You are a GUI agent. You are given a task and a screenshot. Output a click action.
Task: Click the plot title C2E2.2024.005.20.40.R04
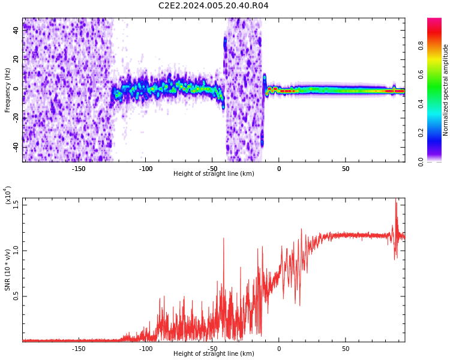coord(213,5)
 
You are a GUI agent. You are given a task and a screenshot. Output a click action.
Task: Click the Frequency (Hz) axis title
coord(7,90)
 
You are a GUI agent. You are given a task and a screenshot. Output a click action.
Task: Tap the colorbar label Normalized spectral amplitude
coord(445,90)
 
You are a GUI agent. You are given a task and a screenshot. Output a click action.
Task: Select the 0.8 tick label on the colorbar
coord(421,46)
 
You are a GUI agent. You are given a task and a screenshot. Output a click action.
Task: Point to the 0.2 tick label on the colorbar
coord(421,133)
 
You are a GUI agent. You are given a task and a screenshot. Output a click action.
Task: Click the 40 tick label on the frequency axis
coord(16,30)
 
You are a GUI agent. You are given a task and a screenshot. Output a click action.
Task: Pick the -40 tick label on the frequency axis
coord(16,146)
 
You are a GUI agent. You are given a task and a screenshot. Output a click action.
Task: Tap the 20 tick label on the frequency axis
coord(16,59)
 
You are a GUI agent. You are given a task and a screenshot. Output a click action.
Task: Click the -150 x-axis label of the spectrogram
coord(79,169)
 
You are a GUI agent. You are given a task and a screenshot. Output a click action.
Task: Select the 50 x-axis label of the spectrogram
coord(346,169)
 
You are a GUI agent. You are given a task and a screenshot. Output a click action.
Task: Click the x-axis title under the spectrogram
coord(214,173)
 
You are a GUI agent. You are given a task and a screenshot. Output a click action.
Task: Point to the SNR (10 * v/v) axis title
coord(7,270)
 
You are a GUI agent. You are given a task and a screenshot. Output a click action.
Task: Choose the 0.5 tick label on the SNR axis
coord(16,296)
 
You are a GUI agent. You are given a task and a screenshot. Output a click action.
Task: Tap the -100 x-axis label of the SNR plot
coord(146,349)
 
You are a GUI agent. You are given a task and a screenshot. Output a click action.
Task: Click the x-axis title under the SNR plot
coord(214,353)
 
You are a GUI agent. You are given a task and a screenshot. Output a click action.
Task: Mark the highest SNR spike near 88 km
coord(396,199)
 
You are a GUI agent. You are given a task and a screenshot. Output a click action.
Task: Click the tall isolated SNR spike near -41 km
coord(224,238)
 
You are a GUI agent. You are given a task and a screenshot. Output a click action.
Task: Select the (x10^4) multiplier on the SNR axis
coord(7,195)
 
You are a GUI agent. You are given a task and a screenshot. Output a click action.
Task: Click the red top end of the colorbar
coord(434,19)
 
